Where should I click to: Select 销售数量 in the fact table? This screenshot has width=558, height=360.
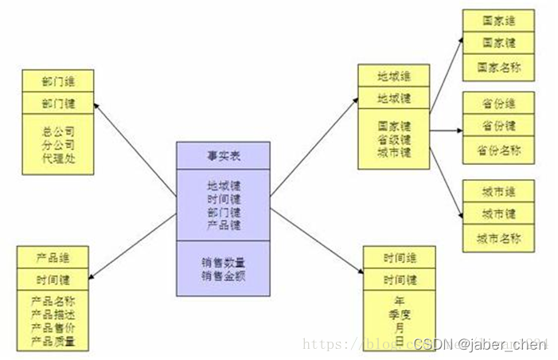coord(223,260)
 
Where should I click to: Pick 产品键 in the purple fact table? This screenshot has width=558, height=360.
coord(223,225)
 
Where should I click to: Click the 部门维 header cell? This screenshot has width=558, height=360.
coord(58,80)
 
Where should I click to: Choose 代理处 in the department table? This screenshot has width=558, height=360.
coord(58,157)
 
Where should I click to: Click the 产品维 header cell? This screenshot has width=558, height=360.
coord(53,259)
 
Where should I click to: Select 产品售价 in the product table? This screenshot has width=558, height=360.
coord(53,327)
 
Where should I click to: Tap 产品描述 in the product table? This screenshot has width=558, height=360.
coord(53,315)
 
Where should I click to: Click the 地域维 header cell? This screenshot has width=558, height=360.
coord(394,77)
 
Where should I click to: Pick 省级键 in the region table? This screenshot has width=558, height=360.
coord(394,139)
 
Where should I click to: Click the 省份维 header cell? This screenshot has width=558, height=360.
coord(498,104)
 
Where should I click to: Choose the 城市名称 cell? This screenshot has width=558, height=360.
coord(498,238)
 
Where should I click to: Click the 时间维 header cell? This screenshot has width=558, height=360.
coord(399,258)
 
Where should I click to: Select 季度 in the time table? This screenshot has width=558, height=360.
coord(399,315)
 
